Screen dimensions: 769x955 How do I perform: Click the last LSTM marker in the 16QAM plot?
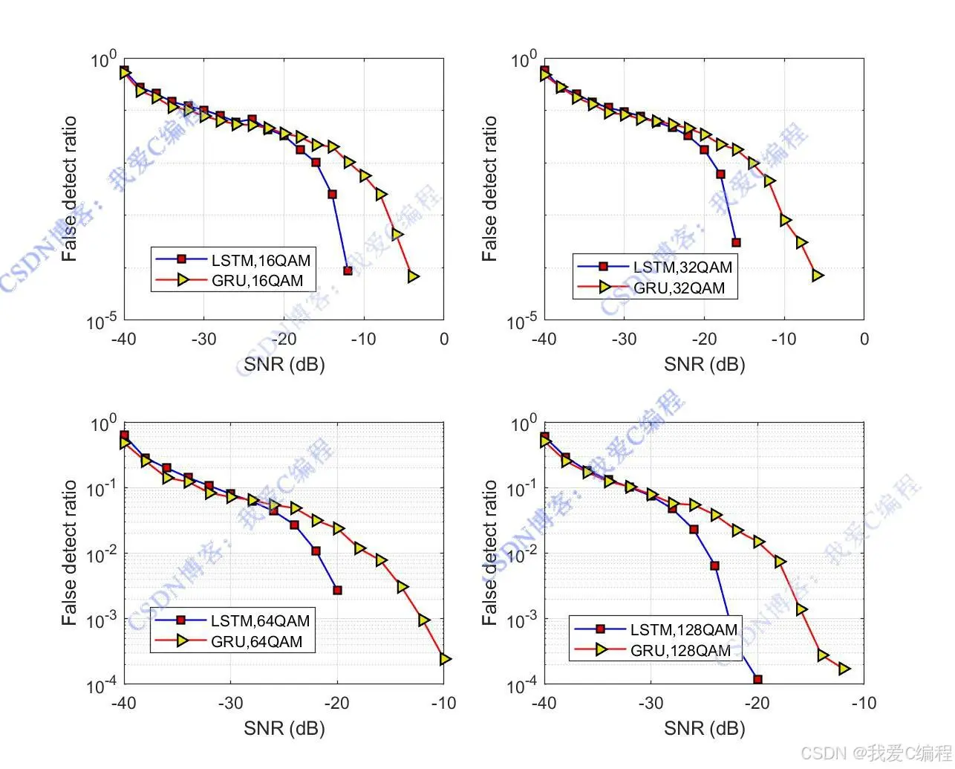tap(348, 270)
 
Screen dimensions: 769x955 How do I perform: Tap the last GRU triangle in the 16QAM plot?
tap(413, 276)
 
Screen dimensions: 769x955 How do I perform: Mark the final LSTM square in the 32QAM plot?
tap(736, 242)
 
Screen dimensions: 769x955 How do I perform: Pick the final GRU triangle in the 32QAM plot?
tap(817, 276)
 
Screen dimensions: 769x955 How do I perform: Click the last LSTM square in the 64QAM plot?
tap(337, 591)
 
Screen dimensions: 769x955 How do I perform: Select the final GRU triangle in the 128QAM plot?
tap(844, 669)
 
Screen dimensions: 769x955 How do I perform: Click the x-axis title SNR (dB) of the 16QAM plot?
tap(284, 364)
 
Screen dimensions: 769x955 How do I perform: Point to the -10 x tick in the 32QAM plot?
tap(784, 340)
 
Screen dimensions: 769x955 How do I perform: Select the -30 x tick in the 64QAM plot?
tap(230, 703)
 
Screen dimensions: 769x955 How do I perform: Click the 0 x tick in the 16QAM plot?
tap(444, 340)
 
